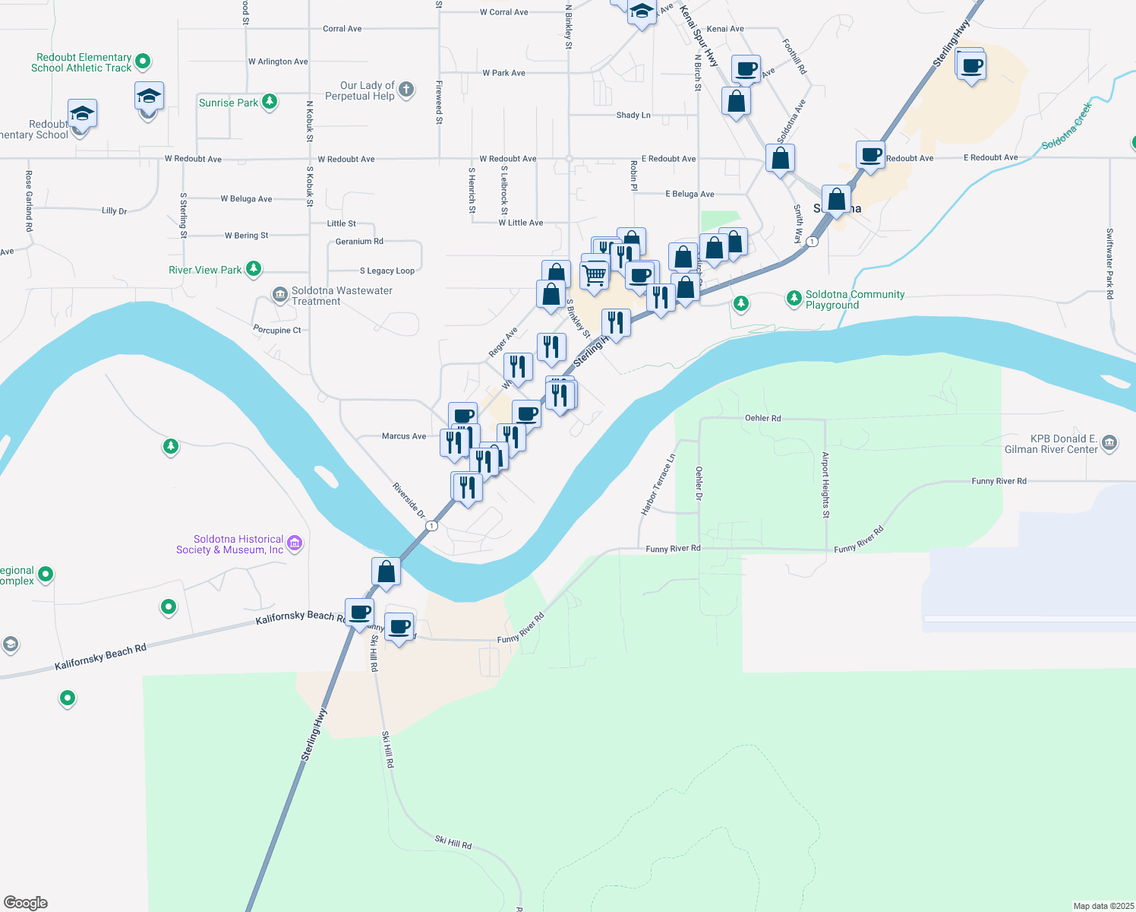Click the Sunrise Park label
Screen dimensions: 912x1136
point(229,103)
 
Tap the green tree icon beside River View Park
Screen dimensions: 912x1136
point(254,269)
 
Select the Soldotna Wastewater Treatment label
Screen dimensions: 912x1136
point(342,296)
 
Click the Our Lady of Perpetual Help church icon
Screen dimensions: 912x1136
point(406,90)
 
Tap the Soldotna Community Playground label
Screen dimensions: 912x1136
point(854,299)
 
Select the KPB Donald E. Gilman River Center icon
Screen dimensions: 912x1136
point(1109,443)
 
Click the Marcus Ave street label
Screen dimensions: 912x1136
point(404,436)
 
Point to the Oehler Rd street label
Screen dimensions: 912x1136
point(762,418)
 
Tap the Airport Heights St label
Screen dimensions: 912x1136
point(825,485)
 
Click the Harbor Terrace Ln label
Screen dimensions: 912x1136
point(658,486)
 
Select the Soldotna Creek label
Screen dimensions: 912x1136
point(1066,126)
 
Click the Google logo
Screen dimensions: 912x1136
point(26,902)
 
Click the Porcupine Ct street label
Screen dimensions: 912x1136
point(276,330)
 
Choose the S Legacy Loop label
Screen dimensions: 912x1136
point(387,271)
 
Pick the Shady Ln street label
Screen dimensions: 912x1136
point(633,116)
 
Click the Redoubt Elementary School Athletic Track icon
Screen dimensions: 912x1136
point(143,61)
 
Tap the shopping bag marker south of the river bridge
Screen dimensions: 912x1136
point(386,572)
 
